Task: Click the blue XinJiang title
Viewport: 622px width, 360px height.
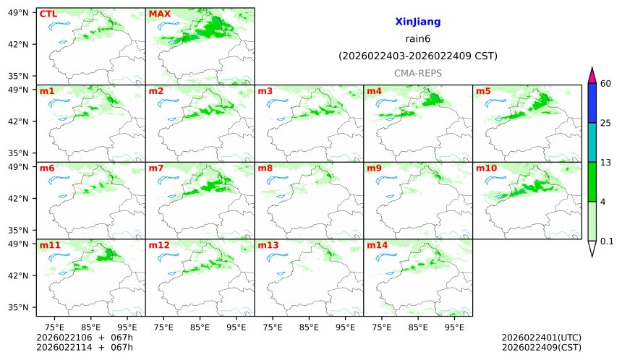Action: click(417, 22)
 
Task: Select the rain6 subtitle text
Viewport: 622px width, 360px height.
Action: click(417, 39)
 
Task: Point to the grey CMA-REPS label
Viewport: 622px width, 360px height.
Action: click(417, 73)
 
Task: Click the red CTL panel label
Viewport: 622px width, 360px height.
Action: click(48, 14)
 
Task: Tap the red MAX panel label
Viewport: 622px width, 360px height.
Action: click(159, 14)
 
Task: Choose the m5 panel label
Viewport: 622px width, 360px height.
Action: click(482, 91)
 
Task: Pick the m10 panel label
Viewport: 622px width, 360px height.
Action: click(486, 168)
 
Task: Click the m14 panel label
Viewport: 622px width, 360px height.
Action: click(377, 246)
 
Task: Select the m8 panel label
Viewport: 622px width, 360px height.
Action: click(265, 168)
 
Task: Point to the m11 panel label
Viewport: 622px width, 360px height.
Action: click(50, 246)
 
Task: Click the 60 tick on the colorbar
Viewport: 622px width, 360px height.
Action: click(606, 84)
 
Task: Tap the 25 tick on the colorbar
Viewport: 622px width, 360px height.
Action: click(606, 123)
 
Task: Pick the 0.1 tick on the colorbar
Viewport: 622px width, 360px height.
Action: click(608, 241)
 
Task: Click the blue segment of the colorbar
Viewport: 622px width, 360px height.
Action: click(592, 103)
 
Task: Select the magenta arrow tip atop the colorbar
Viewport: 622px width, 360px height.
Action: click(592, 74)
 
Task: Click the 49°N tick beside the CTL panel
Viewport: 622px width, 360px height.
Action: click(17, 12)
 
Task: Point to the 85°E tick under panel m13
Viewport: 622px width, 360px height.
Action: click(309, 327)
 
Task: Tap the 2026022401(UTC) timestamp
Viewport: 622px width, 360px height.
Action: click(541, 338)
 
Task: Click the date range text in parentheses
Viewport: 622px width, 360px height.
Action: click(417, 56)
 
